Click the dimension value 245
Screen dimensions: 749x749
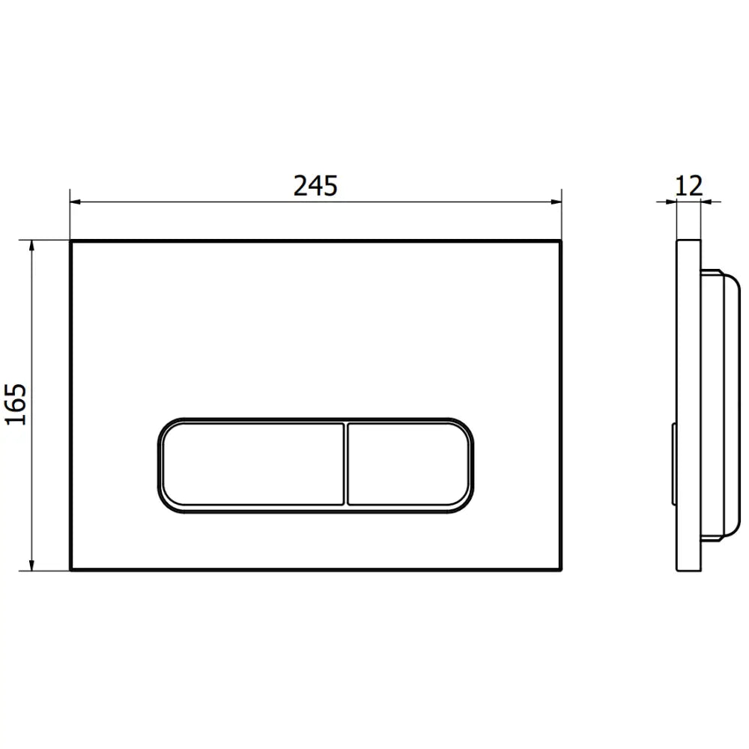[x=315, y=185]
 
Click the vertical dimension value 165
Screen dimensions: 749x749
[x=16, y=404]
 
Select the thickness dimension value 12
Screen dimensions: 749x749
[x=689, y=185]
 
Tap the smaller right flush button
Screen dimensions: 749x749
[x=409, y=465]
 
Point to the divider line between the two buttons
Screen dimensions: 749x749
[x=346, y=465]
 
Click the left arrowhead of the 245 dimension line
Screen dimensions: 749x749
[x=75, y=201]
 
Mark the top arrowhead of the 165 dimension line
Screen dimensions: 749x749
[x=31, y=246]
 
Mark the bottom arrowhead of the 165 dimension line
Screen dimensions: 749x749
[x=31, y=565]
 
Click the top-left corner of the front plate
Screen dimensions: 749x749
[x=71, y=242]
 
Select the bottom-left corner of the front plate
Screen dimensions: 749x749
[x=71, y=570]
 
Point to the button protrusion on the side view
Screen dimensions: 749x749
[x=673, y=465]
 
